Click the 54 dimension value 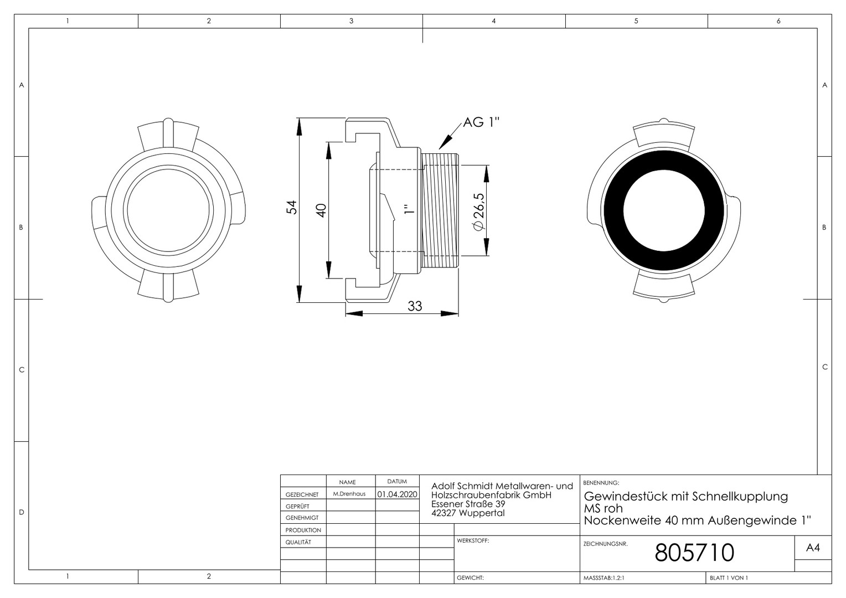(292, 208)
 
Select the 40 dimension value (321, 210)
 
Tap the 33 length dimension (414, 306)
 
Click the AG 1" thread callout (481, 122)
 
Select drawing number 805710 (694, 552)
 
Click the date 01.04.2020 (398, 494)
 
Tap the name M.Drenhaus (349, 494)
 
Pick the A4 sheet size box (813, 548)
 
